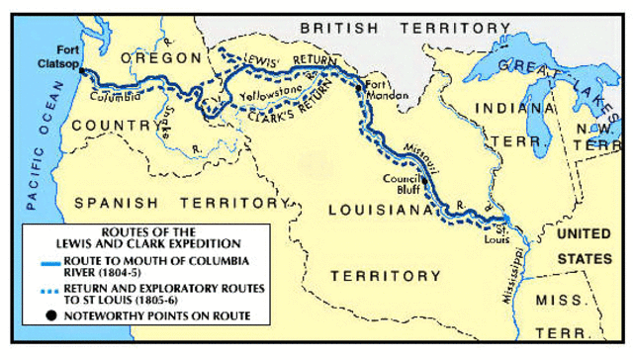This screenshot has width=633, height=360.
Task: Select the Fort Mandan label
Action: pos(382,90)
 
